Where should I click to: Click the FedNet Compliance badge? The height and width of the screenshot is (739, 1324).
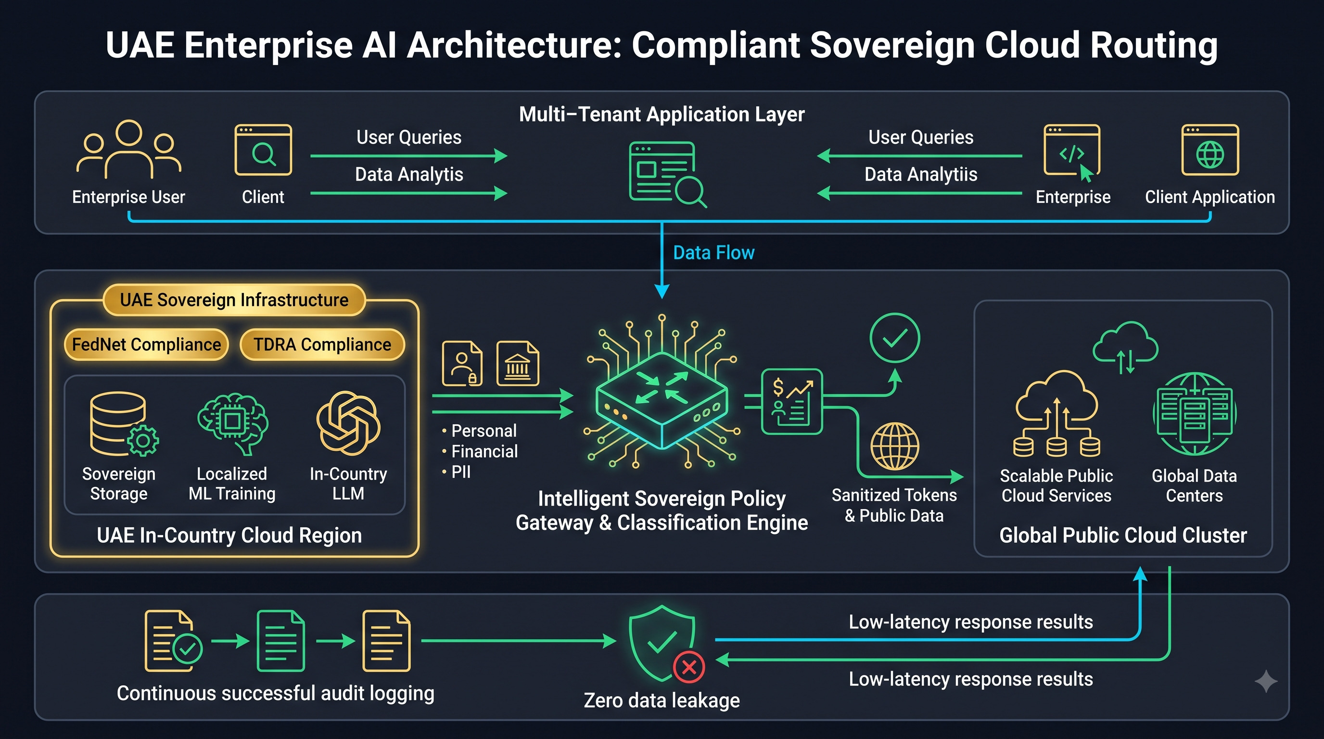146,344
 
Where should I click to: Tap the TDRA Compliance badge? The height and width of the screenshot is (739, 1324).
322,344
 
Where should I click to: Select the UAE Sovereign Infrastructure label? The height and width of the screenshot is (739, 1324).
234,300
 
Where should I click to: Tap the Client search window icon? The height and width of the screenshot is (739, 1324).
263,150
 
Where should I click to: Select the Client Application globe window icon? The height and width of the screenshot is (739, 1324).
1210,150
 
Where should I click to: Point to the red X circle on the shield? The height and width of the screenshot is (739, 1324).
689,667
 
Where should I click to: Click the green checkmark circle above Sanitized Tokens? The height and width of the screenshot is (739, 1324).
895,338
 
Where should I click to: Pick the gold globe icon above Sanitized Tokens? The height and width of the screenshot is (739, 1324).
895,446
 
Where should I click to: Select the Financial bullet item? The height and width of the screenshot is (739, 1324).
480,451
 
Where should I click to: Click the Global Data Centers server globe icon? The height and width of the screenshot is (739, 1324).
1195,414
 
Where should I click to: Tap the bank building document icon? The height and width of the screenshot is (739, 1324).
518,363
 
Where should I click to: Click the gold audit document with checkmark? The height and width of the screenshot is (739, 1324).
174,641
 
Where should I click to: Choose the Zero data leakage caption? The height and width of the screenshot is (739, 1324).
662,701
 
